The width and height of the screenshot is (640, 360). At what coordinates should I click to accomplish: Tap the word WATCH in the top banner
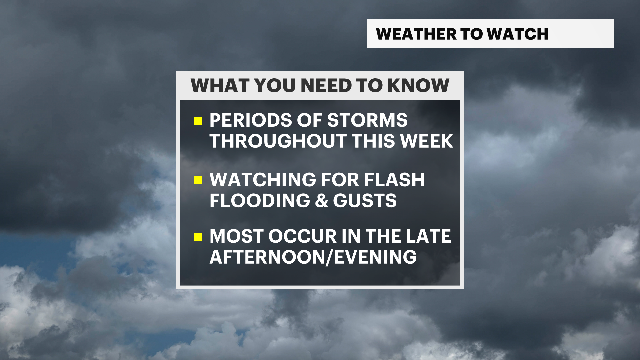click(x=517, y=34)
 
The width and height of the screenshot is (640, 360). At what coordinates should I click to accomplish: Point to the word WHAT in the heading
click(x=220, y=85)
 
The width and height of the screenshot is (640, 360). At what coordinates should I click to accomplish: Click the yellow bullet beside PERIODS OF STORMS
click(x=198, y=121)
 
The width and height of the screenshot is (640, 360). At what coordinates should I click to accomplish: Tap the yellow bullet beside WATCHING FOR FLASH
click(x=198, y=180)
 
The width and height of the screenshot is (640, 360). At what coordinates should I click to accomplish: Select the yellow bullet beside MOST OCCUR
click(x=198, y=237)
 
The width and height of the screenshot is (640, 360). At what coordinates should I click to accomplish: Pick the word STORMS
click(x=367, y=120)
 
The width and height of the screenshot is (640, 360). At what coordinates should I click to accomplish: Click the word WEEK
click(x=427, y=141)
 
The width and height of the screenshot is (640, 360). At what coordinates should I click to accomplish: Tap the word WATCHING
click(x=263, y=180)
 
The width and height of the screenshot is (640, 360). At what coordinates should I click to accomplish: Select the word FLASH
click(x=394, y=180)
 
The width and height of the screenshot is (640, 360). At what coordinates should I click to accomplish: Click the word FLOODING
click(x=260, y=201)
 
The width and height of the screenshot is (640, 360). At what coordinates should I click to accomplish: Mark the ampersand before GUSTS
click(x=321, y=201)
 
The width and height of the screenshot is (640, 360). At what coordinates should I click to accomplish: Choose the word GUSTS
click(x=365, y=201)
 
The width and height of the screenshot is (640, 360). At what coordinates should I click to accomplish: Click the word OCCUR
click(x=303, y=236)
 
